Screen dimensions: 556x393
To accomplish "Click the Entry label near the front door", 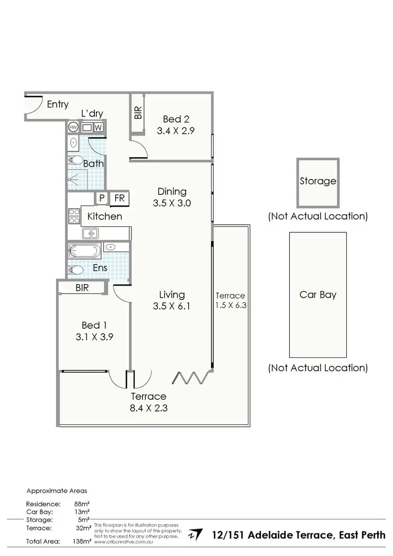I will (x=58, y=104).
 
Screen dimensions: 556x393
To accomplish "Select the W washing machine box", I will (x=99, y=127).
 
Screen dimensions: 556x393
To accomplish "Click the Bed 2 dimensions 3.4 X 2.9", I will (x=176, y=132).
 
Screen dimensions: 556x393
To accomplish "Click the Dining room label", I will (x=172, y=191).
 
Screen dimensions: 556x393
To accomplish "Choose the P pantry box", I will (x=102, y=198).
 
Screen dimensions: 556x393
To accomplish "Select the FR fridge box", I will (x=119, y=198).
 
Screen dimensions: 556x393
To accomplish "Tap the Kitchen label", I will (x=105, y=216).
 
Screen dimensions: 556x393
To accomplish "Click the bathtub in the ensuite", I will (x=84, y=250).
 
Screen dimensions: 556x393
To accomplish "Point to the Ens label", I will (x=100, y=268).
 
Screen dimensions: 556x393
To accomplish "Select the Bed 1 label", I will (x=94, y=324).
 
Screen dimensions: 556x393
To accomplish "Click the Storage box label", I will (x=318, y=181).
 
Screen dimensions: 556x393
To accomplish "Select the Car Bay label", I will (x=318, y=295).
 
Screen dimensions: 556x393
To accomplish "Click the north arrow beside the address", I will (x=195, y=535).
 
